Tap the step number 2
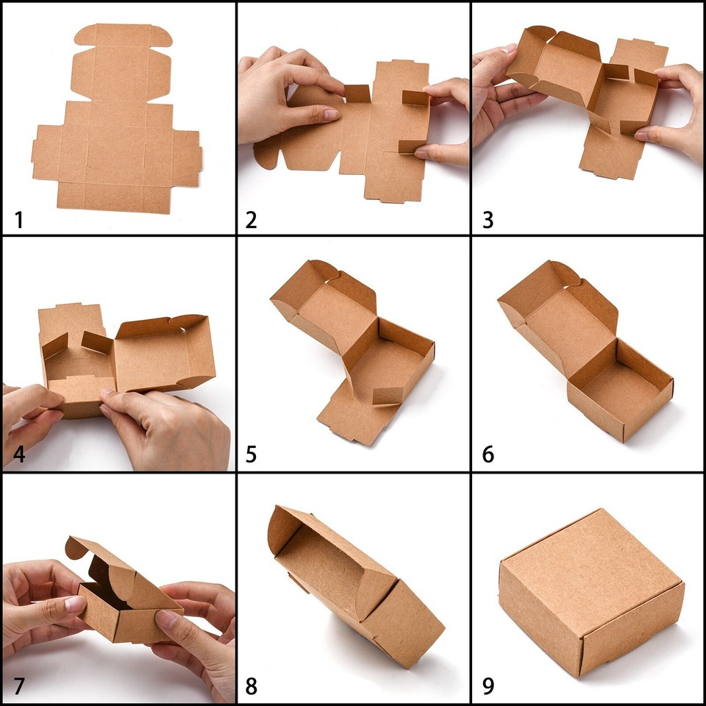(x=252, y=219)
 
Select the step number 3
(x=488, y=219)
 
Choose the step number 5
(x=252, y=454)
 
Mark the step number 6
(x=488, y=454)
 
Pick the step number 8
(x=252, y=687)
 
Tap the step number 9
(x=488, y=687)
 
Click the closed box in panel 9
(x=588, y=588)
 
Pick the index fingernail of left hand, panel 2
(x=329, y=115)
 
